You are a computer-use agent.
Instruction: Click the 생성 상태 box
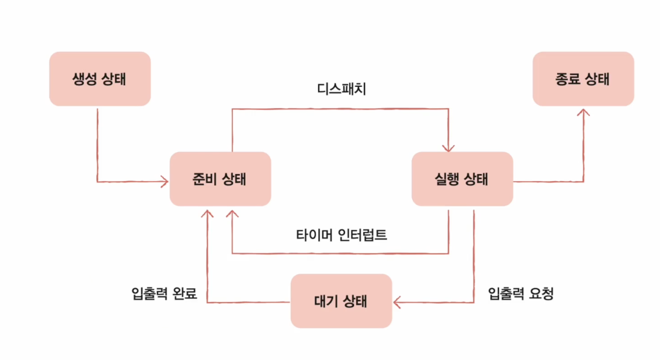click(100, 79)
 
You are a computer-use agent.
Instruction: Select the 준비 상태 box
click(221, 179)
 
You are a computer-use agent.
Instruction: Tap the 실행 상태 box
click(462, 179)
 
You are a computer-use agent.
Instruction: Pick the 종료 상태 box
click(583, 79)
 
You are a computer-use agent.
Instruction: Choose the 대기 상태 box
click(341, 301)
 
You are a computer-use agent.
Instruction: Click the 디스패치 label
click(341, 89)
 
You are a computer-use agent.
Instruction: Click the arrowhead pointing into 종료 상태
click(583, 112)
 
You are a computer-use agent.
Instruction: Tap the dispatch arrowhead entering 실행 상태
click(448, 147)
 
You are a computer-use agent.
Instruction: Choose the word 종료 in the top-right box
click(568, 79)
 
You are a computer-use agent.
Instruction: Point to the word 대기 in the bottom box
click(326, 301)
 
